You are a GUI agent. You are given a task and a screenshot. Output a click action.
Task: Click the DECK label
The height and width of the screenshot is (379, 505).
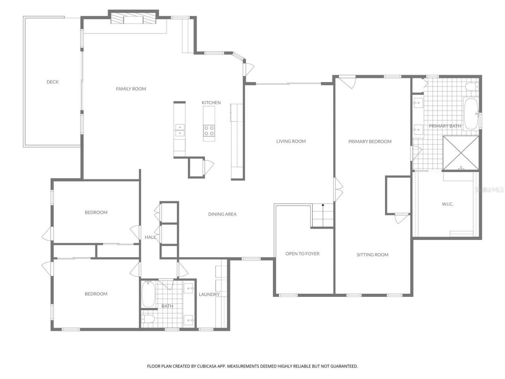tap(52, 82)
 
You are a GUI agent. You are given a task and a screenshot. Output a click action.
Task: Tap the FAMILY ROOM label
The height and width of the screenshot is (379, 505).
tap(131, 89)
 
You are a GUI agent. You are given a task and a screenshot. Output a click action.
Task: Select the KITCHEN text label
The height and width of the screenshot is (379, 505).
tap(211, 103)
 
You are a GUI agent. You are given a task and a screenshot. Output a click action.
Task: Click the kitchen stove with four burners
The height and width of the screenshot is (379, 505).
tap(209, 131)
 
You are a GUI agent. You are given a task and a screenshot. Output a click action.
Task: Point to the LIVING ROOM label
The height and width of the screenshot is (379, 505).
tap(291, 141)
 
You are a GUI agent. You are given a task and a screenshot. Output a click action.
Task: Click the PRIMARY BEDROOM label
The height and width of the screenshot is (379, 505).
tap(370, 141)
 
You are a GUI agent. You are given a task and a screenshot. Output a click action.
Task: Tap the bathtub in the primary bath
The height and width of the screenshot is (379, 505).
tap(470, 114)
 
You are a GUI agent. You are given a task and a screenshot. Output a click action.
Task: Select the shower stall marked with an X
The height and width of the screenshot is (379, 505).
tap(461, 153)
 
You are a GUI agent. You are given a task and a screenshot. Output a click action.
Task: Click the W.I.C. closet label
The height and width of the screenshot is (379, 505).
tap(447, 204)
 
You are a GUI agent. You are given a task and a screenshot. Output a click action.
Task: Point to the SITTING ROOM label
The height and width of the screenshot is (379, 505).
tap(372, 255)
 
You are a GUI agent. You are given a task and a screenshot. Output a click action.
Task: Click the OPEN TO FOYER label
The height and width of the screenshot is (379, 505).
tap(302, 253)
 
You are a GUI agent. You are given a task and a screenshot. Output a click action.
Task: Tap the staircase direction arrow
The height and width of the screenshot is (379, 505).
tap(323, 205)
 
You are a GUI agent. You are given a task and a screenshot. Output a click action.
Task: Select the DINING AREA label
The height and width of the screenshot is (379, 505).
tap(222, 214)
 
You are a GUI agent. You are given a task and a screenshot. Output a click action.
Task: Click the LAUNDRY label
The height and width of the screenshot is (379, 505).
tap(209, 294)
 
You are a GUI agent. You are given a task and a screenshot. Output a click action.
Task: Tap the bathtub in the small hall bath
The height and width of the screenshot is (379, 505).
tap(148, 294)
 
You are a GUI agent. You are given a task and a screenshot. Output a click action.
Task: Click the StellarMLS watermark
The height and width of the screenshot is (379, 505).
tap(490, 190)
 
